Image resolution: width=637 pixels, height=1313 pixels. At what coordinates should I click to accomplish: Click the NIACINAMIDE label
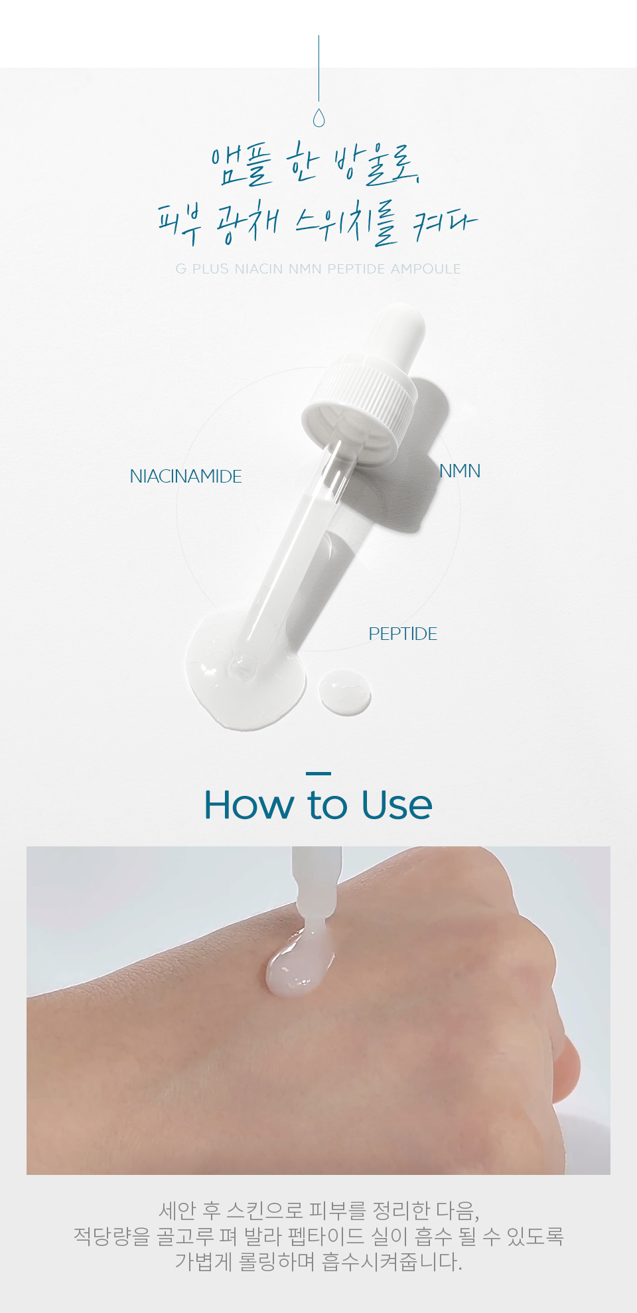[x=186, y=476]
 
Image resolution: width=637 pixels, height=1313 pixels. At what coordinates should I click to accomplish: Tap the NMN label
[x=460, y=471]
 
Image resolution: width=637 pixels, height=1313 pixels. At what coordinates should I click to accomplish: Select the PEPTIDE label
[x=403, y=633]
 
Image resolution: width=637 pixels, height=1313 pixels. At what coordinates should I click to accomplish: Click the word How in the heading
[x=249, y=805]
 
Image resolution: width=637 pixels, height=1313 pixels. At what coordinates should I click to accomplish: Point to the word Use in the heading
[x=397, y=805]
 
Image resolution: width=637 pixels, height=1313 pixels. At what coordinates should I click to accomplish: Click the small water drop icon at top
[x=318, y=118]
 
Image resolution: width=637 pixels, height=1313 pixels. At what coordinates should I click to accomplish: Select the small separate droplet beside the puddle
[x=345, y=692]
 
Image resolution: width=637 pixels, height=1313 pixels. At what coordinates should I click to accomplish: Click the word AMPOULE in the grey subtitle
[x=426, y=269]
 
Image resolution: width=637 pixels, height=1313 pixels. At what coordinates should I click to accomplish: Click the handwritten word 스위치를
[x=347, y=223]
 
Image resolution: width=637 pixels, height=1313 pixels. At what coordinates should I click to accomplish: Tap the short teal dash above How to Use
[x=318, y=773]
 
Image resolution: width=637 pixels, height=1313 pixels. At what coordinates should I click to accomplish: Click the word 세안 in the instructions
[x=177, y=1210]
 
